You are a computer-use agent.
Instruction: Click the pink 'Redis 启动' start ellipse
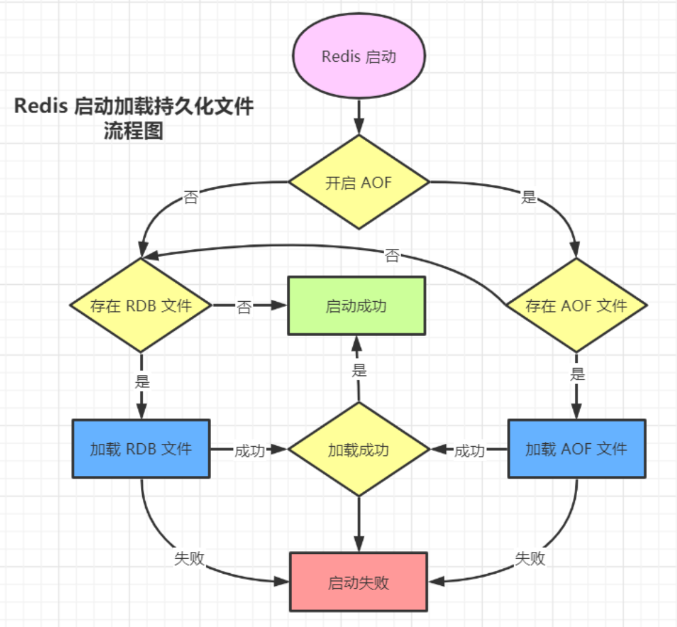pos(359,57)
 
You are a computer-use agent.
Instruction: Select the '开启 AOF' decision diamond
pos(359,183)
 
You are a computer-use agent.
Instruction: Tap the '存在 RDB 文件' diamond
pos(141,305)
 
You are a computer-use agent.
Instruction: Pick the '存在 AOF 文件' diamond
pos(576,305)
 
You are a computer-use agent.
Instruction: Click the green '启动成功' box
pos(356,305)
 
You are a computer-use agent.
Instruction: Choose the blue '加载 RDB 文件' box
pos(141,449)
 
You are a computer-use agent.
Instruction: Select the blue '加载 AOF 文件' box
pos(576,449)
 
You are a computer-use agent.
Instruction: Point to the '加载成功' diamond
pos(359,450)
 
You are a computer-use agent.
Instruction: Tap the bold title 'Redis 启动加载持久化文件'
pos(134,106)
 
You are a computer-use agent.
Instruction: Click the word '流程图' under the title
pos(134,131)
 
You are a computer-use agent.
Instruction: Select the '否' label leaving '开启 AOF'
pos(190,198)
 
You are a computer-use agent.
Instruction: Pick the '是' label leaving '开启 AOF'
pos(529,197)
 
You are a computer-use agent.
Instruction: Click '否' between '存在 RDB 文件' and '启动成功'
pos(244,307)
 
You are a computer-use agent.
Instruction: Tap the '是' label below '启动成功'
pos(360,371)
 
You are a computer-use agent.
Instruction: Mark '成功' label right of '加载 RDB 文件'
pos(249,451)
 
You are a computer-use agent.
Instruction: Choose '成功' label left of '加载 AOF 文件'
pos(469,451)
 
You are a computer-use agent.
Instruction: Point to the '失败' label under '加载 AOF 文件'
pos(530,558)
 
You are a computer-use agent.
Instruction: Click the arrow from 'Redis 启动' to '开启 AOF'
pos(359,117)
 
